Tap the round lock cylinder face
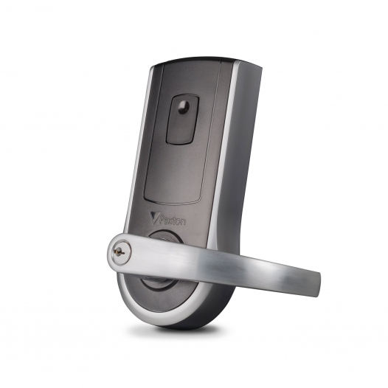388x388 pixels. tap(121, 253)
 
